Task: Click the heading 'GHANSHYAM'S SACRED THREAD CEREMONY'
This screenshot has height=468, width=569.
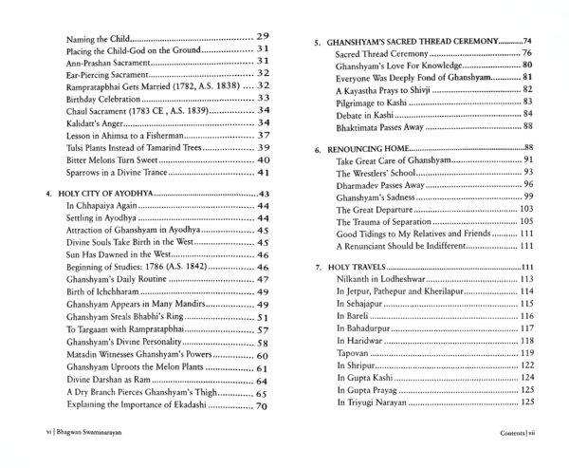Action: click(x=409, y=43)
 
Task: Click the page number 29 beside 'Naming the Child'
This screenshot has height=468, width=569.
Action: click(x=265, y=34)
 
